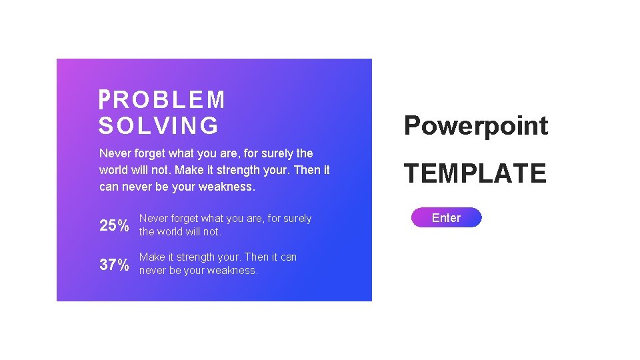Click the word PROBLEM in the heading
(162, 100)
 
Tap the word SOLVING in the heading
(159, 125)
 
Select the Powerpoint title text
(476, 125)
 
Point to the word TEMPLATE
(475, 173)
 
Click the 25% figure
(114, 225)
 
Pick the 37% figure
(114, 265)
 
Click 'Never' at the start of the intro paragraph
(114, 153)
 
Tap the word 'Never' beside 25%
(153, 219)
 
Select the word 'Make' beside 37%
(151, 257)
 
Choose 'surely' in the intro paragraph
(273, 153)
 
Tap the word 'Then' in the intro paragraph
(307, 170)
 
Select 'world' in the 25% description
(172, 232)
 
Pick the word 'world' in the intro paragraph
(115, 170)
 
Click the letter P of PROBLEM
(103, 100)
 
